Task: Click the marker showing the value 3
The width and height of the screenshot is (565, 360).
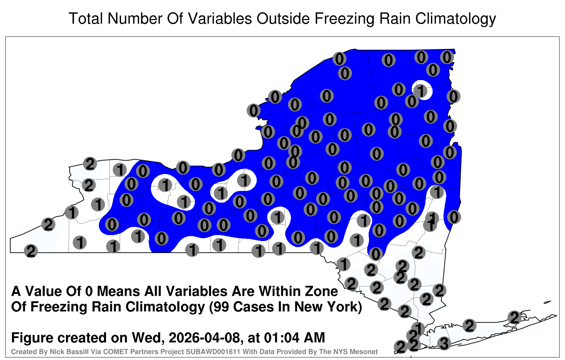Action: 444,343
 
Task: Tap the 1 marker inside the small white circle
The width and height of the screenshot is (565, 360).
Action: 421,90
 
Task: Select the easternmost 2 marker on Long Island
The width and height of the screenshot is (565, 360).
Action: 515,317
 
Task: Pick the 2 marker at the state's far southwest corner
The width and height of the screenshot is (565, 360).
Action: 31,251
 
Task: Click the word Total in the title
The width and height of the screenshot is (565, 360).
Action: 86,19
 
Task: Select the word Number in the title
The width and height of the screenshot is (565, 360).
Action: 135,19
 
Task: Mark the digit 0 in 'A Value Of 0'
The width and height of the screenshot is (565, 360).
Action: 90,292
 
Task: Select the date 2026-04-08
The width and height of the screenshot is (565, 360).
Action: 204,338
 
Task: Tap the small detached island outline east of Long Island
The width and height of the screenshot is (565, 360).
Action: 547,302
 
